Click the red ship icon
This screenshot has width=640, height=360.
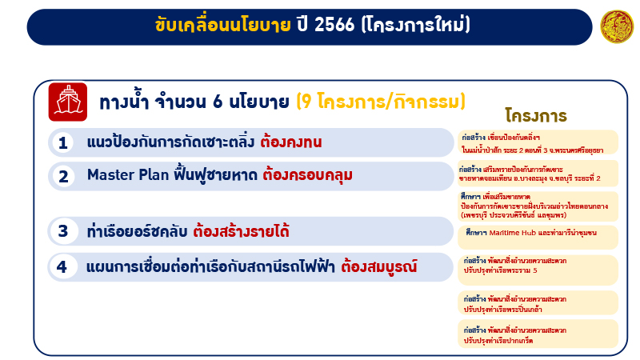click(67, 102)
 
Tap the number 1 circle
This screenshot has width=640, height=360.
click(63, 143)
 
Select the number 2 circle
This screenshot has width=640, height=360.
click(63, 175)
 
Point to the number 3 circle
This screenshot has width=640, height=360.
click(63, 232)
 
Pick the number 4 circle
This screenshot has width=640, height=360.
click(63, 266)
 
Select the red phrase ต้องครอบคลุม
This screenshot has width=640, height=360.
click(307, 174)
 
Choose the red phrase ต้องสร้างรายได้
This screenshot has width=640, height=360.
click(241, 232)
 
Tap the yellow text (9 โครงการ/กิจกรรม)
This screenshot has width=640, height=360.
click(381, 102)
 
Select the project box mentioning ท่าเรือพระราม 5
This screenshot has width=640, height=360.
click(538, 266)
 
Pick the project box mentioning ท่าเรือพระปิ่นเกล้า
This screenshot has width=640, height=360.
click(538, 302)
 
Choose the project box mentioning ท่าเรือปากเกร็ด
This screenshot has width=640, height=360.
click(538, 334)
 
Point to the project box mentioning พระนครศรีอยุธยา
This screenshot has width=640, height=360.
click(538, 142)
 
